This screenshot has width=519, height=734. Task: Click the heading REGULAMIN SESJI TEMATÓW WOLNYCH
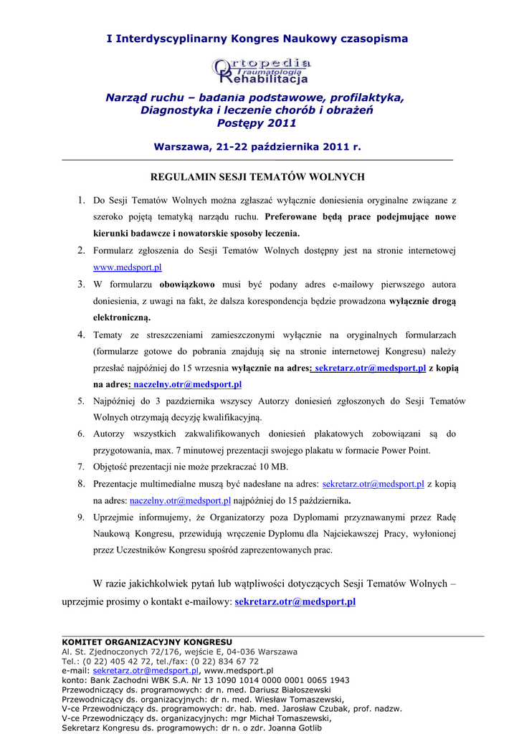tap(257, 176)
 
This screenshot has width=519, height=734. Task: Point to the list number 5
tap(81, 401)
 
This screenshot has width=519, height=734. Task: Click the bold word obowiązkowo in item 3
tap(186, 284)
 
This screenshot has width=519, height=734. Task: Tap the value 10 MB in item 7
tap(274, 467)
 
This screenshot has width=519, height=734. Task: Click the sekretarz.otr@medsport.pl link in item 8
tap(373, 484)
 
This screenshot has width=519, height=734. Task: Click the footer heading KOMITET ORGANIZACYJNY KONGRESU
tap(147, 642)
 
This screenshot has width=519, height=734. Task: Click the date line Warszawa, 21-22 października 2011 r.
tap(257, 147)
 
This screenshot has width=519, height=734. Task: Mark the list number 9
tap(81, 517)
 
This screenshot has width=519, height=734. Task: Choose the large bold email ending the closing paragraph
tap(295, 601)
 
